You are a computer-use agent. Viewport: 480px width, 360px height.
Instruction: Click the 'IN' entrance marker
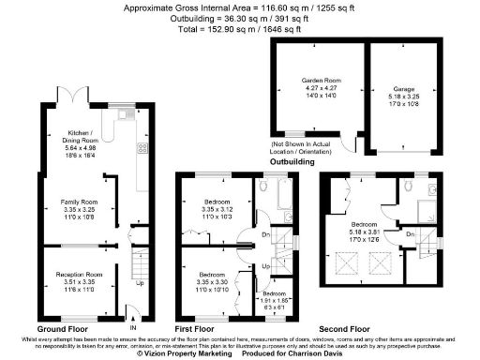pos(132,327)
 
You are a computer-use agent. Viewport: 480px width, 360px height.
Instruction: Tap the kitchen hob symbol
pos(142,147)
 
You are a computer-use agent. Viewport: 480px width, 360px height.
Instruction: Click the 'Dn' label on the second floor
pos(411,233)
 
